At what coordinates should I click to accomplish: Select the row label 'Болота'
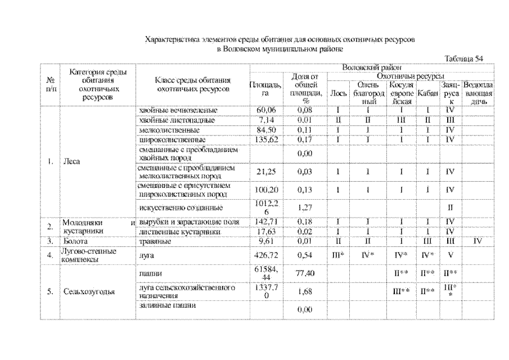click(x=74, y=241)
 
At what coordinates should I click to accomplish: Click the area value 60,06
click(x=260, y=110)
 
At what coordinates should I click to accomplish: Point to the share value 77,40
click(x=304, y=273)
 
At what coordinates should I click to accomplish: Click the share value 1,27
click(x=304, y=207)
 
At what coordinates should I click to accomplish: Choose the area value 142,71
click(x=260, y=222)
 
